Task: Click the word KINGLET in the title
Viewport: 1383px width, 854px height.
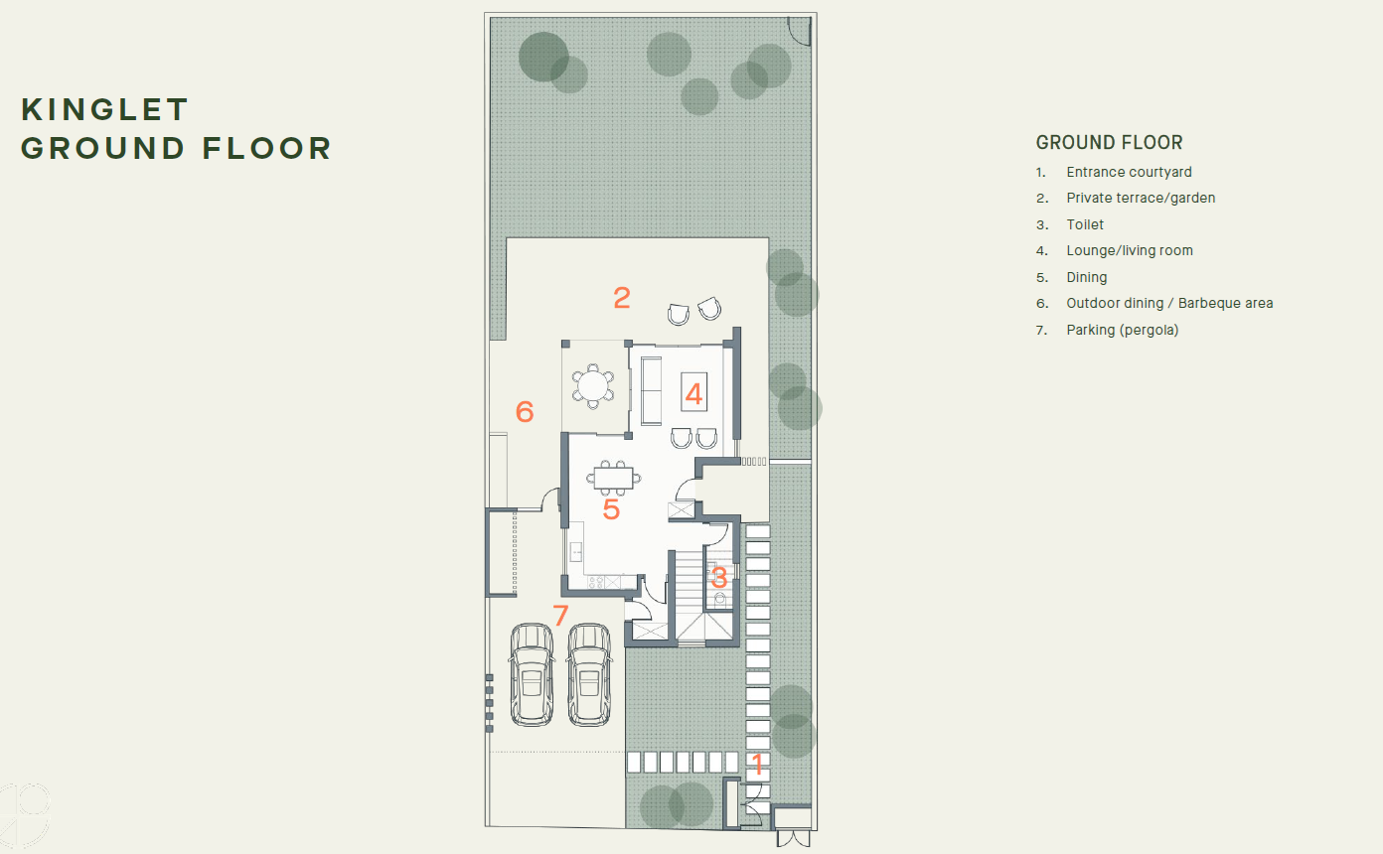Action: pyautogui.click(x=104, y=110)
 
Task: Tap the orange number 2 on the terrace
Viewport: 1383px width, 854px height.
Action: pyautogui.click(x=622, y=298)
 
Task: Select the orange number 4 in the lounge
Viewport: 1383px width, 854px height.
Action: pyautogui.click(x=693, y=394)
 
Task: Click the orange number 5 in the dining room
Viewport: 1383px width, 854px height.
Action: pyautogui.click(x=611, y=509)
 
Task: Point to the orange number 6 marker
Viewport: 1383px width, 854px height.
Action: pyautogui.click(x=525, y=411)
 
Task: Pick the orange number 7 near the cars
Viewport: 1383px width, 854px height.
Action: pyautogui.click(x=560, y=616)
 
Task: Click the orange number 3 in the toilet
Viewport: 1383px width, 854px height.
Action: pyautogui.click(x=718, y=578)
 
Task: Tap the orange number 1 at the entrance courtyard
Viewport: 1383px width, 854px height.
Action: pyautogui.click(x=757, y=765)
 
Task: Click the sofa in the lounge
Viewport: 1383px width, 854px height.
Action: pyautogui.click(x=652, y=391)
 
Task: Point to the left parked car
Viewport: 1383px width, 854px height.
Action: pyautogui.click(x=532, y=674)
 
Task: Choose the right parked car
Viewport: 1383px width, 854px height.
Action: pyautogui.click(x=589, y=674)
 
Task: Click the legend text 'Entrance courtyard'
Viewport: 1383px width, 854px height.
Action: pyautogui.click(x=1129, y=172)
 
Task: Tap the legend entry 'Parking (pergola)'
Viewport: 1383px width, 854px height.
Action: pyautogui.click(x=1123, y=330)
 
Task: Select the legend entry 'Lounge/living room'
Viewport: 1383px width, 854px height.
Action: pyautogui.click(x=1130, y=250)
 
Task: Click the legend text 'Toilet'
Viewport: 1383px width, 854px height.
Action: pyautogui.click(x=1085, y=224)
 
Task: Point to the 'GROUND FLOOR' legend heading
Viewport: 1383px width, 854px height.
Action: pyautogui.click(x=1109, y=143)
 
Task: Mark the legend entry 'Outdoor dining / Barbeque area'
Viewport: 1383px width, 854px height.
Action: pyautogui.click(x=1169, y=304)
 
